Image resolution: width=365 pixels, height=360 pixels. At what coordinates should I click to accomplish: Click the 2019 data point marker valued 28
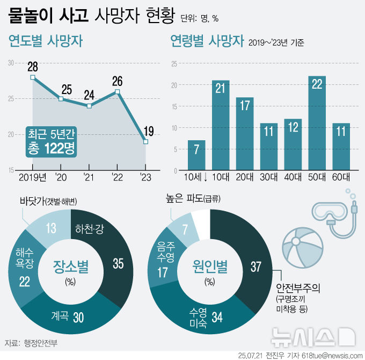[33, 77]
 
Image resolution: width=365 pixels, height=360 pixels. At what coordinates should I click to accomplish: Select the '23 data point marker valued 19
[145, 142]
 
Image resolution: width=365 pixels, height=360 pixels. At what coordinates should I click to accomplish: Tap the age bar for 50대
[317, 124]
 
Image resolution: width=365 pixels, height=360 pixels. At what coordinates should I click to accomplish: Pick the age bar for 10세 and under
[196, 156]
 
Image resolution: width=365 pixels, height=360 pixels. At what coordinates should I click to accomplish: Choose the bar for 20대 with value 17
[245, 134]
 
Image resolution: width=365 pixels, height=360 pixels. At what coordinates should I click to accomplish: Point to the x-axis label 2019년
[32, 177]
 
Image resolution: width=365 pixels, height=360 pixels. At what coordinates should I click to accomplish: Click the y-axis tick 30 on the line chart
[11, 63]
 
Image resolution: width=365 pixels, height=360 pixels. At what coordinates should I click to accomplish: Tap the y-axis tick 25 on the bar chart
[174, 64]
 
